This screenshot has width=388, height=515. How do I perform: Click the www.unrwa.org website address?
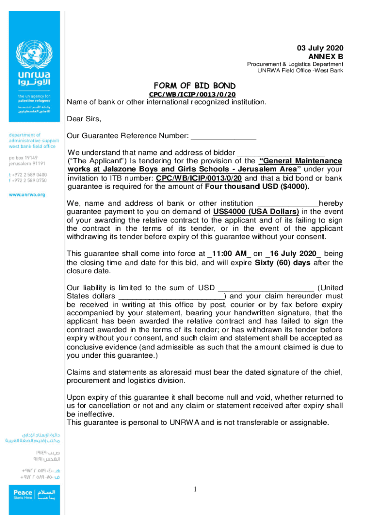click(x=26, y=194)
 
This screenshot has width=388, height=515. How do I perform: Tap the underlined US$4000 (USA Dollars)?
click(x=256, y=212)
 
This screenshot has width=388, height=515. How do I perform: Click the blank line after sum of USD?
click(x=266, y=288)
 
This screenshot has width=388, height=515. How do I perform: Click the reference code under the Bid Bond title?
click(x=192, y=94)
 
